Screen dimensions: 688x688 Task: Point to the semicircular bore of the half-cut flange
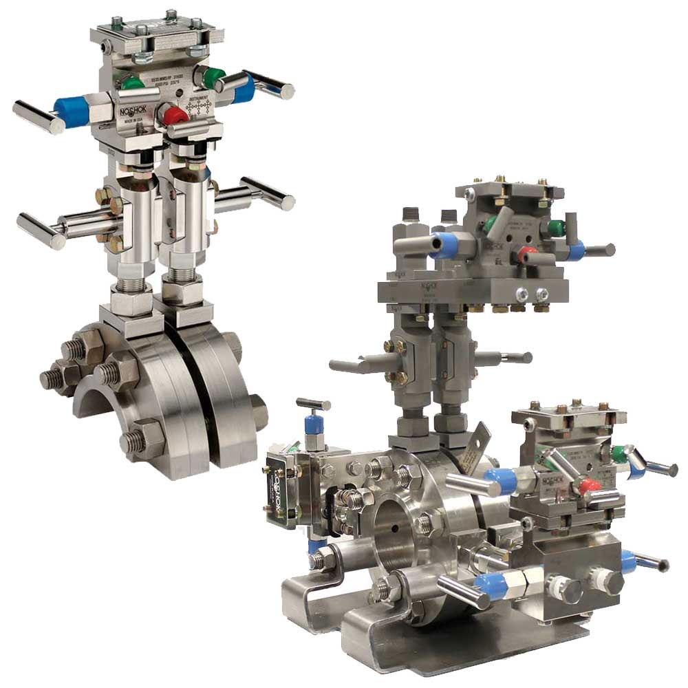pos(103,399)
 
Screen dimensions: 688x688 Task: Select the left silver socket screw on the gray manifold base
pos(525,294)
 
